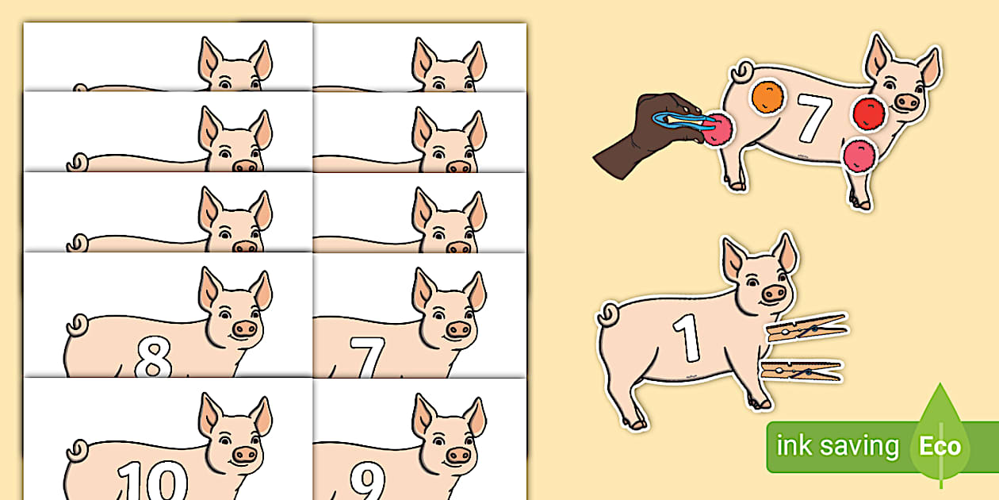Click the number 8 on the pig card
point(153,358)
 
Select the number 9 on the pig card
point(367,481)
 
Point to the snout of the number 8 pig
point(246,329)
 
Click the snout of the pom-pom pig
point(907,102)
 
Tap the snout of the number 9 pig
point(458,455)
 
